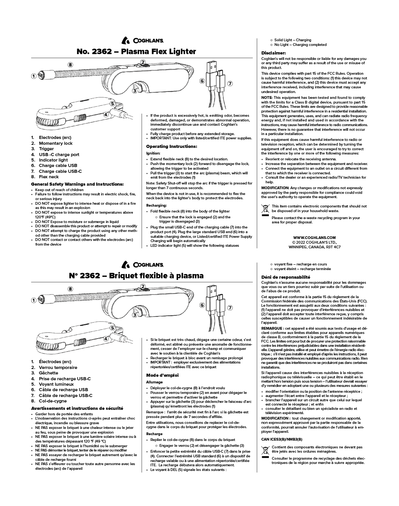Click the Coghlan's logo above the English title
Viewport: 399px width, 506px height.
tap(142, 40)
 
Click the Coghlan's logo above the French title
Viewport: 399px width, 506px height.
tap(142, 264)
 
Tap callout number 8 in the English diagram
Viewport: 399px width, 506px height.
tap(70, 65)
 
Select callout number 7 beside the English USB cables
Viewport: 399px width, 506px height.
tap(230, 83)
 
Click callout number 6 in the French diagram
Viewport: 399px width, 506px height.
tap(202, 305)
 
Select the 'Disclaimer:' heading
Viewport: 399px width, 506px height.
tap(273, 53)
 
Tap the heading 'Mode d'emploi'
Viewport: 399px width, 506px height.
tap(162, 375)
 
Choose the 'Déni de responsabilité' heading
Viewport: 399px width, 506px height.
tap(286, 277)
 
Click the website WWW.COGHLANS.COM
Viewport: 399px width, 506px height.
tap(314, 237)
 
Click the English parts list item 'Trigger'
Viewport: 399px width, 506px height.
tap(46, 149)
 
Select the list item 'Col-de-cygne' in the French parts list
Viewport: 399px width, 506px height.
tap(53, 401)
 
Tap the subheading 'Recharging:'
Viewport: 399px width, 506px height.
tap(156, 205)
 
